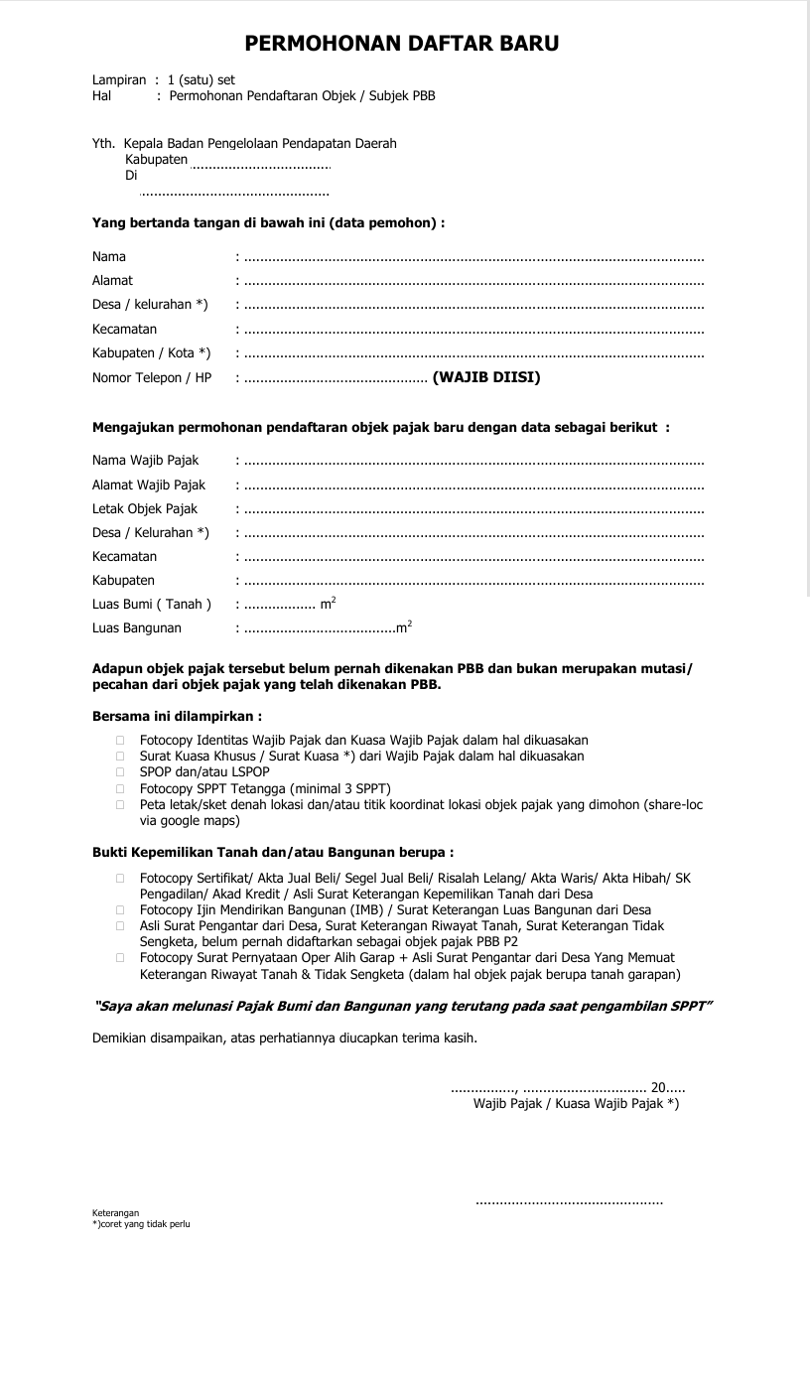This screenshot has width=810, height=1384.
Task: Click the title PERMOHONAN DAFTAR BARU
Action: [402, 44]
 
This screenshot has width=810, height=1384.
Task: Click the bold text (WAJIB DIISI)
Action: [486, 377]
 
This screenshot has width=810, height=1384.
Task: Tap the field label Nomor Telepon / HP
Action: [152, 378]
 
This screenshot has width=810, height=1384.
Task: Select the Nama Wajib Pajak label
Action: [145, 461]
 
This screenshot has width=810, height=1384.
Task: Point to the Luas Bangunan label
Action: [137, 628]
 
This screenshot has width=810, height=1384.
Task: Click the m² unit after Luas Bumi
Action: [328, 604]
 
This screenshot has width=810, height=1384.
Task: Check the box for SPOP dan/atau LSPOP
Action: [120, 772]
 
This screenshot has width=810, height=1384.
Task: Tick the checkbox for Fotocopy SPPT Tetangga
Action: [120, 788]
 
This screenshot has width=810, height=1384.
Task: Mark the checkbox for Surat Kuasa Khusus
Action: [120, 757]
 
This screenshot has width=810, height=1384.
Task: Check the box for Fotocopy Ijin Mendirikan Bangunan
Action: [120, 909]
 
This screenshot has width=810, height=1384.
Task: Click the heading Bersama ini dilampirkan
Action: [177, 716]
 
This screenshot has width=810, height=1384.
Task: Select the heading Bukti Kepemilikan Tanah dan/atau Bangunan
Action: [272, 853]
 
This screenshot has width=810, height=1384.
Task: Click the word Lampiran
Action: [119, 79]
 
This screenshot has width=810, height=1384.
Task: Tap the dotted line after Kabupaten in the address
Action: [260, 165]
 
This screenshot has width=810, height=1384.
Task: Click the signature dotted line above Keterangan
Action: [569, 1203]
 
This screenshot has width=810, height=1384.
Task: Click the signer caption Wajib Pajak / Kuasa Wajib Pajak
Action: [576, 1103]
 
